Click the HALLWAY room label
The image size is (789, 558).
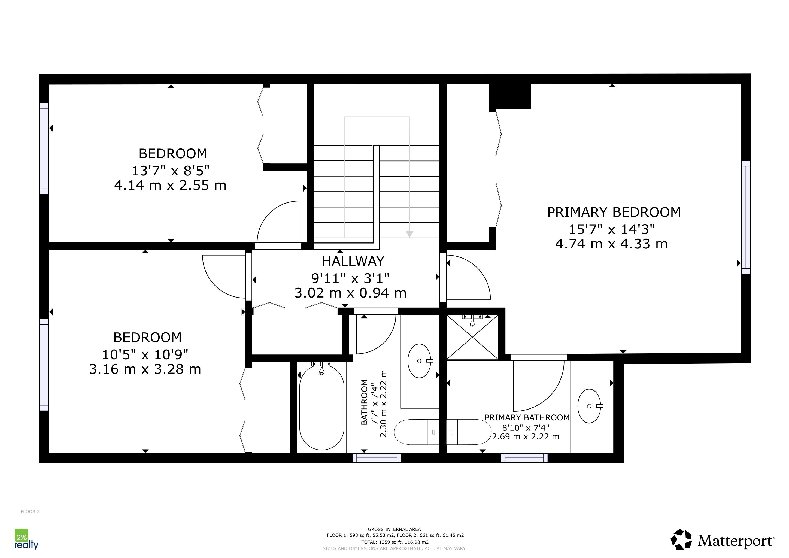click(x=353, y=262)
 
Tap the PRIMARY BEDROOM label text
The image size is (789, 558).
click(x=614, y=212)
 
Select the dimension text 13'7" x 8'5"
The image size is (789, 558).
click(x=171, y=170)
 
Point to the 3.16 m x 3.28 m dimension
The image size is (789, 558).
click(x=145, y=369)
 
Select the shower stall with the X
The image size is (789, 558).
click(x=472, y=337)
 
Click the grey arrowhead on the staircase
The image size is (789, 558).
click(x=409, y=234)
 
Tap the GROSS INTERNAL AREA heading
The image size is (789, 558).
click(x=394, y=529)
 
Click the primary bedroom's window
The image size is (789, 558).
click(x=746, y=217)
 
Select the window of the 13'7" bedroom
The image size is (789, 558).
click(x=44, y=148)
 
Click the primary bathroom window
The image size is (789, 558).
click(x=524, y=458)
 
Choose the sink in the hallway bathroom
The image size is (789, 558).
click(x=419, y=361)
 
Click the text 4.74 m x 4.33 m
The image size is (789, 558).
click(x=611, y=244)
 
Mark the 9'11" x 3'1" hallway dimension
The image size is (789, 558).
click(x=350, y=278)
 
